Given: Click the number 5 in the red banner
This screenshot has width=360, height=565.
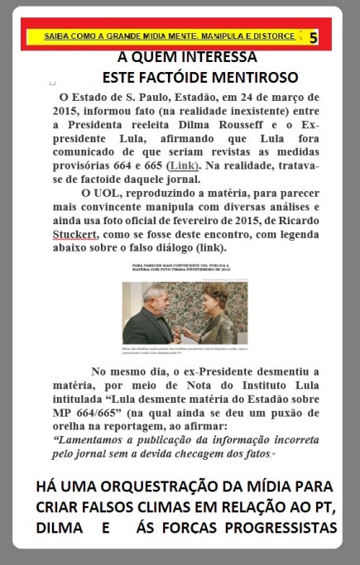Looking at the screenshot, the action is point(313,37).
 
